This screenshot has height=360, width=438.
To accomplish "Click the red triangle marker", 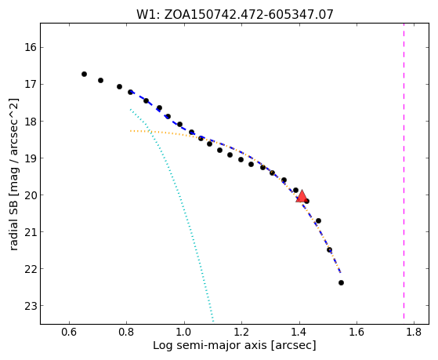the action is tap(302, 196).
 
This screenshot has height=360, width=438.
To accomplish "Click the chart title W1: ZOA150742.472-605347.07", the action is tap(234, 15).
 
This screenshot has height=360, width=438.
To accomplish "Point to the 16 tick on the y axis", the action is tap(31, 47).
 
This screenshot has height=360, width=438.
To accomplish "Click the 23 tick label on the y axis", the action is tap(31, 306).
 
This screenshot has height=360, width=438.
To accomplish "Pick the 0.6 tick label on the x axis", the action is tap(69, 332).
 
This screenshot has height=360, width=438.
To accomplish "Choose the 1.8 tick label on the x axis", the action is tap(414, 332).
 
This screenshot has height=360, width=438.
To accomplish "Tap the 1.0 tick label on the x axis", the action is tap(184, 332).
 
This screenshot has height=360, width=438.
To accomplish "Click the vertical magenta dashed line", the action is tap(404, 171).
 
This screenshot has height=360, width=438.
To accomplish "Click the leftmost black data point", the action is tap(84, 75).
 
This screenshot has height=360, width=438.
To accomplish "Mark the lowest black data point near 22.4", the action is tap(341, 283).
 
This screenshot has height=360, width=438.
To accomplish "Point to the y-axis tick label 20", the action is tap(31, 195).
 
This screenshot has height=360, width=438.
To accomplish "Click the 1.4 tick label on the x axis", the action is tap(299, 332).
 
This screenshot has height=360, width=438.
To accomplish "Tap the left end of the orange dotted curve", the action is tap(130, 131).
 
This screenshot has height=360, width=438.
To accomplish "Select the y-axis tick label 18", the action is tap(31, 121).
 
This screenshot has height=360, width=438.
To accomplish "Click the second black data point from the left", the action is tap(100, 81).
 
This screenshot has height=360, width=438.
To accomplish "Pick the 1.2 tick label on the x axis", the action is tap(241, 332).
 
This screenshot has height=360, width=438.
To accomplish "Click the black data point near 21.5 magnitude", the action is tap(330, 249).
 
